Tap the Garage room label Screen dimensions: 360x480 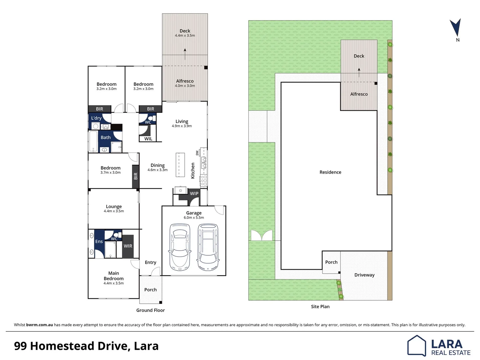pyautogui.click(x=194, y=213)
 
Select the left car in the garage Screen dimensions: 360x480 pyautogui.click(x=180, y=247)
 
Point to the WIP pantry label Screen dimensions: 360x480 pyautogui.click(x=194, y=193)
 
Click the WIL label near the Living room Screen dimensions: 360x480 pyautogui.click(x=148, y=139)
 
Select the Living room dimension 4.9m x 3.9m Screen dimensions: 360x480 pyautogui.click(x=182, y=126)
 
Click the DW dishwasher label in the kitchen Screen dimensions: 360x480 pyautogui.click(x=197, y=153)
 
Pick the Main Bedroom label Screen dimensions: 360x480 pyautogui.click(x=114, y=276)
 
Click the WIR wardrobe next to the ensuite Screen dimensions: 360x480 pyautogui.click(x=128, y=246)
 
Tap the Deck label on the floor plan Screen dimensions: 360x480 pyautogui.click(x=185, y=31)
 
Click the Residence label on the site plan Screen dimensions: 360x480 pyautogui.click(x=330, y=172)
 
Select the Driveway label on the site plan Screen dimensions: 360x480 pyautogui.click(x=364, y=275)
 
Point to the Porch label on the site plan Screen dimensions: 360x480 pyautogui.click(x=331, y=262)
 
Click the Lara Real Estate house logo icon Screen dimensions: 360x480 pyautogui.click(x=416, y=346)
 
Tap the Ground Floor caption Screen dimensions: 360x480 pyautogui.click(x=151, y=310)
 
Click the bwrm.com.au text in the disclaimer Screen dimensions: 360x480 pyautogui.click(x=39, y=325)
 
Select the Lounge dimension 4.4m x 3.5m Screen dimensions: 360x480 pyautogui.click(x=114, y=211)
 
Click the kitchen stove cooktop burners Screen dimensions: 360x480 pyautogui.click(x=204, y=180)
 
